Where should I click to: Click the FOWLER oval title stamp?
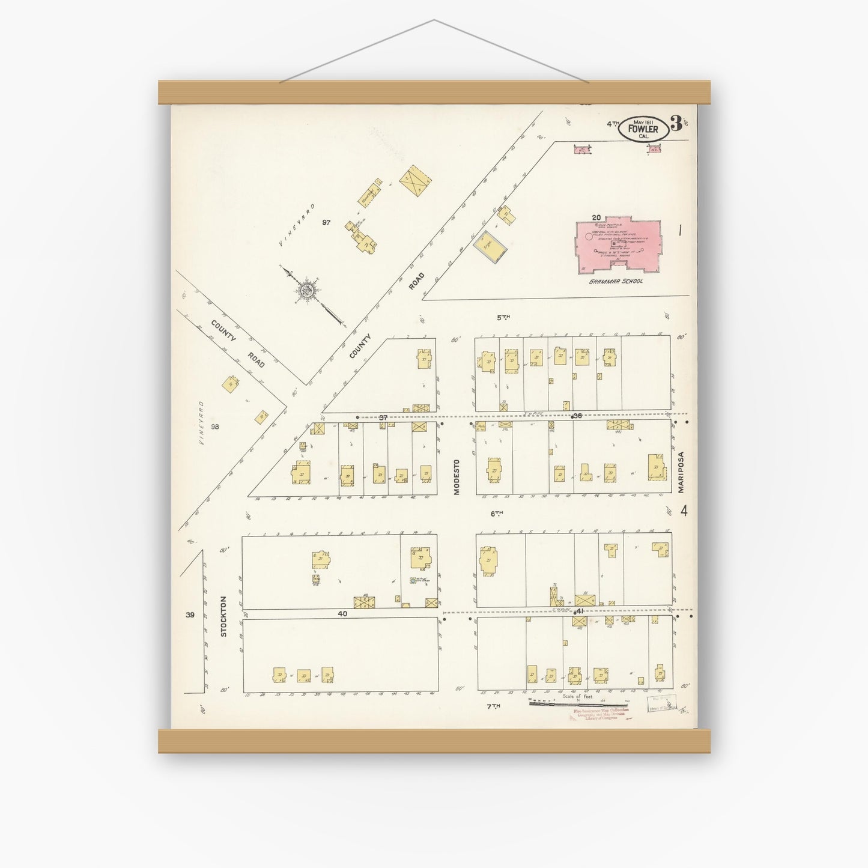[642, 129]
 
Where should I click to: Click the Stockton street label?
[223, 616]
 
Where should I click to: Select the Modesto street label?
[457, 477]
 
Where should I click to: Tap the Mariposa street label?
[681, 472]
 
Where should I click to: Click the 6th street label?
[496, 513]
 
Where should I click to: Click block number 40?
[342, 614]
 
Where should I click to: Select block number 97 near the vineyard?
[326, 222]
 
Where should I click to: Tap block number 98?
[215, 426]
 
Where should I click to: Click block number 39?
[190, 615]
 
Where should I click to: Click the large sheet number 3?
[676, 125]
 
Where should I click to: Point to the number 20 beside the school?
[596, 217]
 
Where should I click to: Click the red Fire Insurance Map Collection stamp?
[598, 714]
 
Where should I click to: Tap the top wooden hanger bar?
[434, 93]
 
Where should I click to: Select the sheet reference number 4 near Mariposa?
[684, 511]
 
